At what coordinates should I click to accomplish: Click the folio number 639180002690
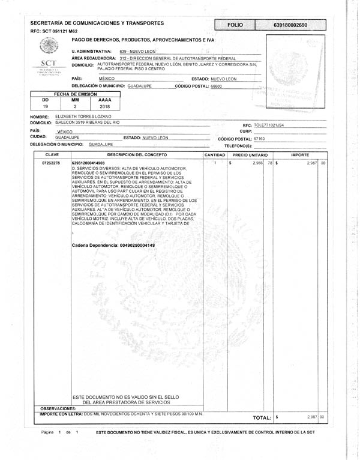pyautogui.click(x=290, y=26)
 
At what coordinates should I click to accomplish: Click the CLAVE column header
pyautogui.click(x=52, y=155)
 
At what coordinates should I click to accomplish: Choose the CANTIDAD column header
pyautogui.click(x=214, y=155)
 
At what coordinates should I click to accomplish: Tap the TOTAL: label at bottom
pyautogui.click(x=262, y=417)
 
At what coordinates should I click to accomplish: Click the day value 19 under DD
pyautogui.click(x=46, y=106)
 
